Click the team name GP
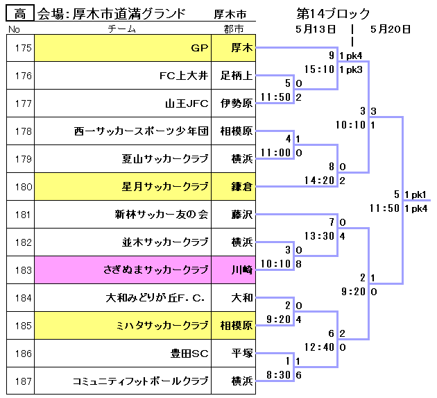pyautogui.click(x=200, y=48)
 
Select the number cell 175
pyautogui.click(x=23, y=48)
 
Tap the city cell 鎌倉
pyautogui.click(x=241, y=187)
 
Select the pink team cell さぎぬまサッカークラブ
pyautogui.click(x=156, y=270)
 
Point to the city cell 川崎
pyautogui.click(x=241, y=270)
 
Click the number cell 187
pyautogui.click(x=23, y=381)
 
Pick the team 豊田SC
pyautogui.click(x=189, y=354)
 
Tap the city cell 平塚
pyautogui.click(x=241, y=354)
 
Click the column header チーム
pyautogui.click(x=126, y=29)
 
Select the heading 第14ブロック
pyautogui.click(x=333, y=14)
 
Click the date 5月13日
pyautogui.click(x=316, y=29)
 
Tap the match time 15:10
pyautogui.click(x=320, y=69)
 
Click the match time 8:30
pyautogui.click(x=280, y=375)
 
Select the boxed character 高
pyautogui.click(x=20, y=13)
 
